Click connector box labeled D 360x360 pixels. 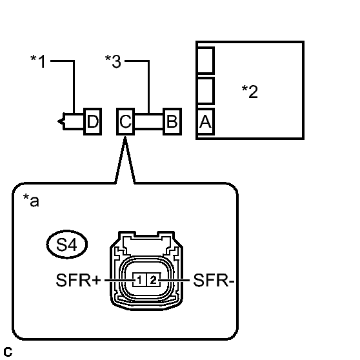pyautogui.click(x=92, y=121)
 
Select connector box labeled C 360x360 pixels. pyautogui.click(x=125, y=121)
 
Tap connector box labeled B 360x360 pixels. pyautogui.click(x=172, y=121)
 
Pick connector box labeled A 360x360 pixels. pyautogui.click(x=206, y=121)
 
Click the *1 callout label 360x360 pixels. pyautogui.click(x=38, y=61)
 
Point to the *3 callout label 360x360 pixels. pyautogui.click(x=113, y=61)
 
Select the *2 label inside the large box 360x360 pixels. pyautogui.click(x=250, y=92)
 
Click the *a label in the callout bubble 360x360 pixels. pyautogui.click(x=31, y=200)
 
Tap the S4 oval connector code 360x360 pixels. pyautogui.click(x=67, y=245)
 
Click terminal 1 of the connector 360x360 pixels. pyautogui.click(x=139, y=279)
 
